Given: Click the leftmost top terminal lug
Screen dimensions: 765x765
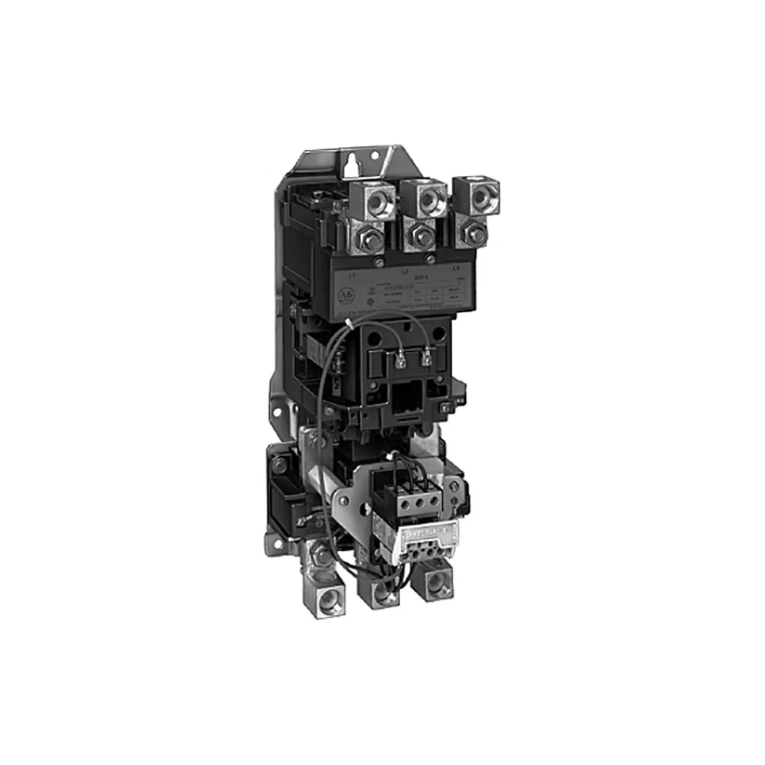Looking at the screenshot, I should pos(373,200).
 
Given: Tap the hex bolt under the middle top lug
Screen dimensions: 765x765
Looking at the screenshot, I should pos(420,235).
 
